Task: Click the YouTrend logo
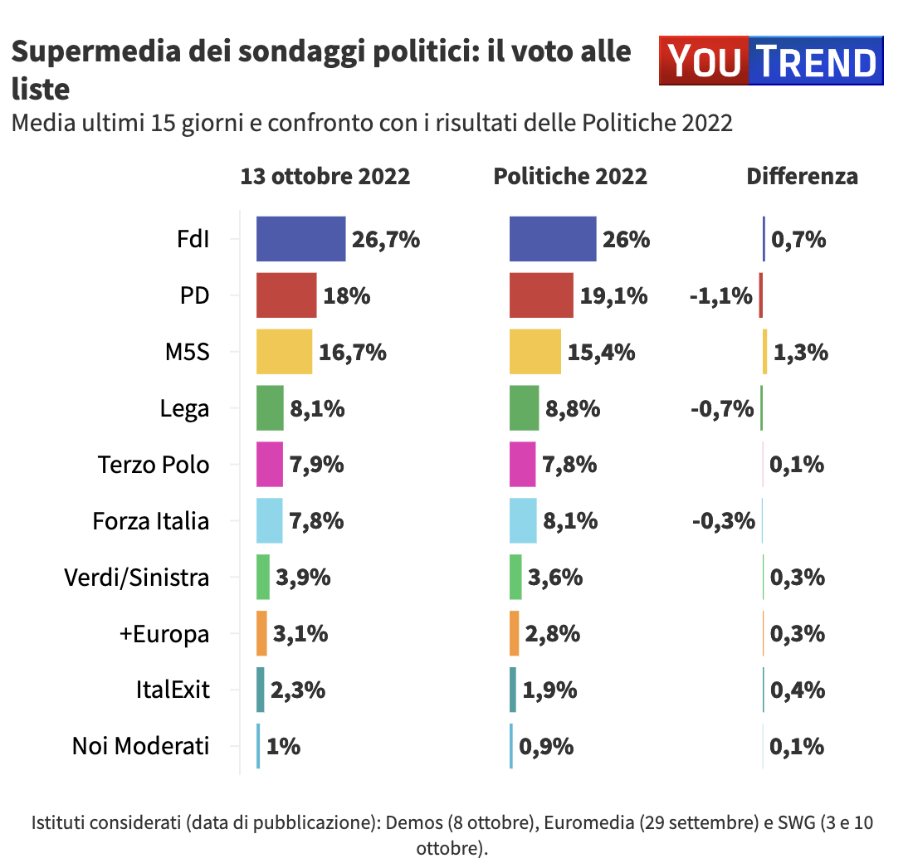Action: coord(771,61)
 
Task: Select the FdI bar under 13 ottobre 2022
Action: coord(300,239)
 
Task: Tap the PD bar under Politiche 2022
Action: coord(541,295)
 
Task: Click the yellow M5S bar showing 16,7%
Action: coord(284,352)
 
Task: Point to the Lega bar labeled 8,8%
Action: coord(524,408)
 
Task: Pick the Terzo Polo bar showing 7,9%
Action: coord(270,465)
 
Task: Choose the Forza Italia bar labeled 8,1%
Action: coord(523,521)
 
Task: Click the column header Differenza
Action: coord(802,176)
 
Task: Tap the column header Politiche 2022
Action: coord(570,176)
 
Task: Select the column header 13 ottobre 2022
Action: coord(325,176)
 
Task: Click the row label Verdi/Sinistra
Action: coord(137,578)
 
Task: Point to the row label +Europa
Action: coord(164,634)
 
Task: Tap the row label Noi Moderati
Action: coord(141,746)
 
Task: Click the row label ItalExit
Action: coord(173,690)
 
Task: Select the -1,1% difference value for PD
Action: coord(720,295)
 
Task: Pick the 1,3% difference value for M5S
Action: coord(800,352)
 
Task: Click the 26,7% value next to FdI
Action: coord(386,240)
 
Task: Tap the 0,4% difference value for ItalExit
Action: coord(798,690)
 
